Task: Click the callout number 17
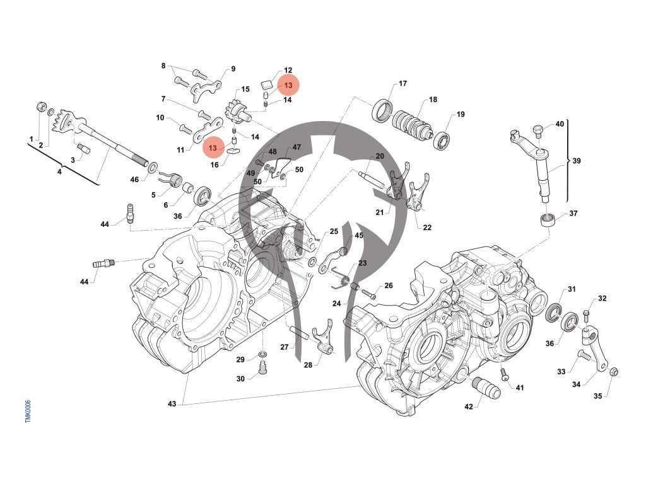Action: (x=402, y=83)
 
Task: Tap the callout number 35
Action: (x=597, y=396)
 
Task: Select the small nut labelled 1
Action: (x=41, y=105)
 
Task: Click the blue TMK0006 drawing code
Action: (x=28, y=412)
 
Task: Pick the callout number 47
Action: (x=297, y=147)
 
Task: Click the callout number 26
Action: (x=389, y=285)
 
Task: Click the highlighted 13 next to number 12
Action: (x=288, y=85)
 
